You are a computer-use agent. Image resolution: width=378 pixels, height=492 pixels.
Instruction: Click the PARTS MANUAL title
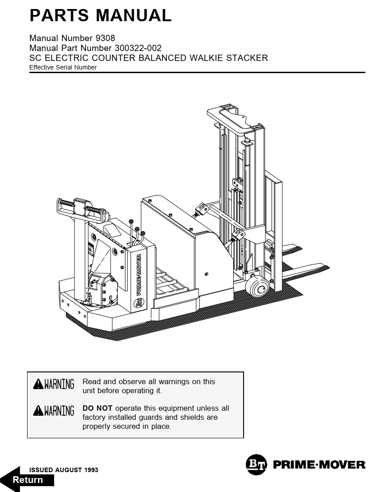[100, 15]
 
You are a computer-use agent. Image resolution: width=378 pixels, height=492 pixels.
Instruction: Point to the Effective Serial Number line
[63, 68]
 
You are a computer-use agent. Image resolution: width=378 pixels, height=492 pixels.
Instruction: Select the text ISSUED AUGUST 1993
[64, 470]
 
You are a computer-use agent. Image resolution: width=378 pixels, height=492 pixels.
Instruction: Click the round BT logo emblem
[256, 464]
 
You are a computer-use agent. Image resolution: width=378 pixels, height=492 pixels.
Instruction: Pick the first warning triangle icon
[38, 384]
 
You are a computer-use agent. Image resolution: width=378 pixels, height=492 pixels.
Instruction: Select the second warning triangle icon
[38, 411]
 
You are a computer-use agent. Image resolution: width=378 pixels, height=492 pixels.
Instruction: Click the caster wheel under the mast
[255, 286]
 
